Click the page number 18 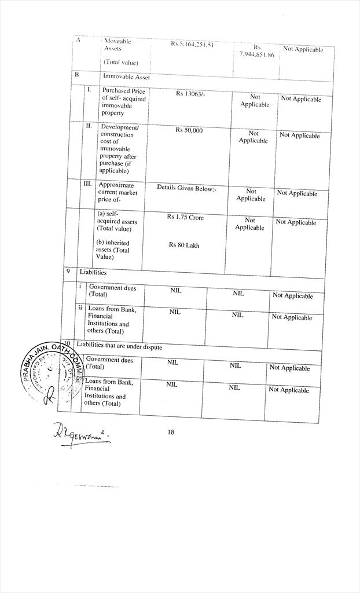tap(171, 431)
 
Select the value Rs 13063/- tap(190, 94)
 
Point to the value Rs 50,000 tap(189, 130)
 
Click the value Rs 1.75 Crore tap(185, 217)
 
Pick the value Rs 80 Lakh tap(184, 245)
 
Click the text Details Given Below tap(186, 188)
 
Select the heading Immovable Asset tap(126, 76)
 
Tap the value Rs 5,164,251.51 tap(193, 44)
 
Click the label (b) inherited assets tap(113, 250)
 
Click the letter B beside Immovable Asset tap(76, 75)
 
